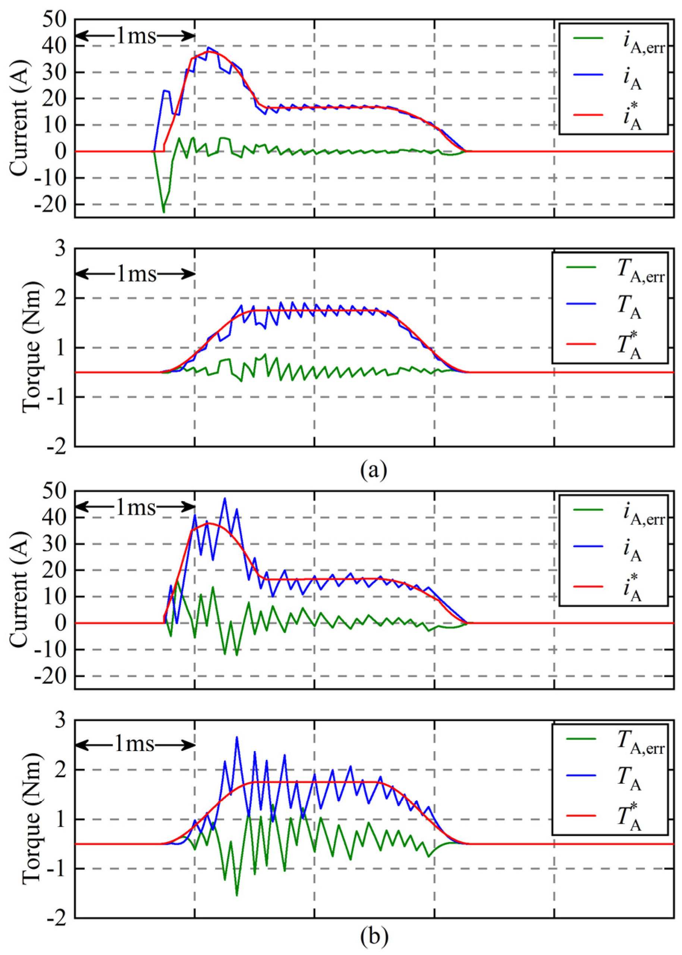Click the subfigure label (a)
point(373,470)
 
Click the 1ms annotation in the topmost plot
point(136,37)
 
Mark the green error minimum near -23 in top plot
point(164,212)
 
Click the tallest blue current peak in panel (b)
point(225,499)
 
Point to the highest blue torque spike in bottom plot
point(237,737)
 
